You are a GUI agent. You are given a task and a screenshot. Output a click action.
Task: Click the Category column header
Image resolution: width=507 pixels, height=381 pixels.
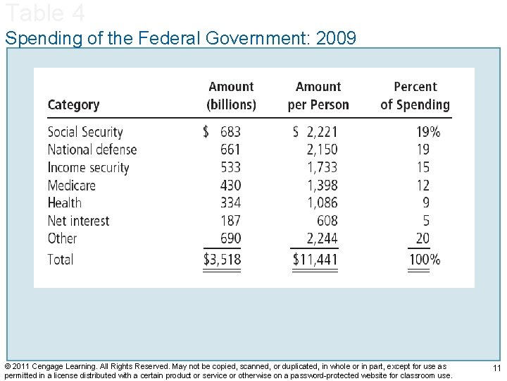73,105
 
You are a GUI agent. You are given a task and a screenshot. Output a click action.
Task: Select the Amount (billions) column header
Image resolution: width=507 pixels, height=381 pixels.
231,96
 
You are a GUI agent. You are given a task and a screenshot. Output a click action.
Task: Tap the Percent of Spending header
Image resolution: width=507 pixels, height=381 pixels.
415,96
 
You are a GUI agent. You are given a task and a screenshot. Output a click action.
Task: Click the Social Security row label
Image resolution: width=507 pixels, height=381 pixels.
85,132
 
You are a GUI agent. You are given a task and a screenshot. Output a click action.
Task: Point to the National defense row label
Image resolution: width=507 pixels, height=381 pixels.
92,150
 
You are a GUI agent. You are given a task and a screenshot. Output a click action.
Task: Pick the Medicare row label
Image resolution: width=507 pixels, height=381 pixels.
72,186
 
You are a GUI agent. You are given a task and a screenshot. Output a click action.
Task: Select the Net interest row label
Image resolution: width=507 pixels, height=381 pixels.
79,221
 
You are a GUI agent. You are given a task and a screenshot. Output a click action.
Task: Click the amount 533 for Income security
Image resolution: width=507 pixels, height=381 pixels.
230,167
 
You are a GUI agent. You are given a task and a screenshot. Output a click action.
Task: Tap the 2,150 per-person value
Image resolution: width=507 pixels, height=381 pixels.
322,150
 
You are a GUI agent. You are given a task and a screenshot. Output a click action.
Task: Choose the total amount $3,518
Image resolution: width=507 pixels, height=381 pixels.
222,260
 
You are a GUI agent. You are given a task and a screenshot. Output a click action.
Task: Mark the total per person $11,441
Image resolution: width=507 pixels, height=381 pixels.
315,260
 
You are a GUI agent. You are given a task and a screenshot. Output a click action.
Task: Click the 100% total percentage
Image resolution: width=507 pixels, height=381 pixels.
425,260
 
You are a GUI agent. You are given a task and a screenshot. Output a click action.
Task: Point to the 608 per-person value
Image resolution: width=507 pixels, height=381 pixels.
327,221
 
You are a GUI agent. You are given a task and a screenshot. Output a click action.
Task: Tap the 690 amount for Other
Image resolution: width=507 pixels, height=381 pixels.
230,238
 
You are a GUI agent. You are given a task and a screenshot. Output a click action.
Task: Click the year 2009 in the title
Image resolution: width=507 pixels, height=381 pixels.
337,37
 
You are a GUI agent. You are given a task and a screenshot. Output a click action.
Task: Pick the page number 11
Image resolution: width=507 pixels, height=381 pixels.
496,369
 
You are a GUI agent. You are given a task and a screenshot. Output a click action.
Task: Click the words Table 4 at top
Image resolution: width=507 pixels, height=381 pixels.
45,12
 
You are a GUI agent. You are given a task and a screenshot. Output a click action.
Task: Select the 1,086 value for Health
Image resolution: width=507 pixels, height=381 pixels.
322,203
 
